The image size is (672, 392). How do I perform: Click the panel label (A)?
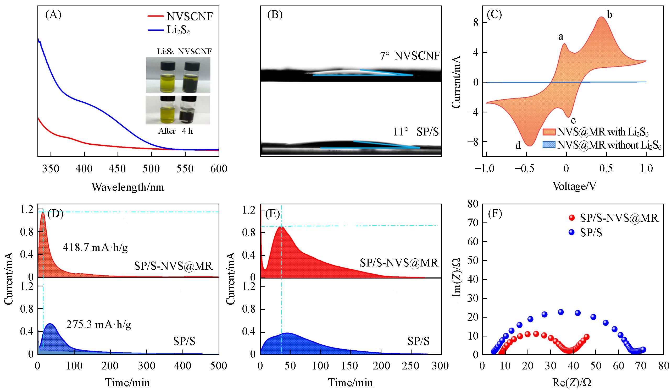tap(54, 15)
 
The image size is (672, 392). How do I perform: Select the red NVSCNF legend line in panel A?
tap(155, 16)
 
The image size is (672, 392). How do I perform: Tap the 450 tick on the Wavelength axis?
tap(118, 169)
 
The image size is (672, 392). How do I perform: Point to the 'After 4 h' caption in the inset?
tap(175, 131)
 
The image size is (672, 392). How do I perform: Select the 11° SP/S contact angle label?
tap(416, 132)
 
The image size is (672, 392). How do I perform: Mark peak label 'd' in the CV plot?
tap(518, 145)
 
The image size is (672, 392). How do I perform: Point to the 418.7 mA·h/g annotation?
tap(95, 248)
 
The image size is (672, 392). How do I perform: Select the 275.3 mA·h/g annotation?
tap(98, 325)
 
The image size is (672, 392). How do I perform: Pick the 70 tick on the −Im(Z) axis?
tap(473, 222)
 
